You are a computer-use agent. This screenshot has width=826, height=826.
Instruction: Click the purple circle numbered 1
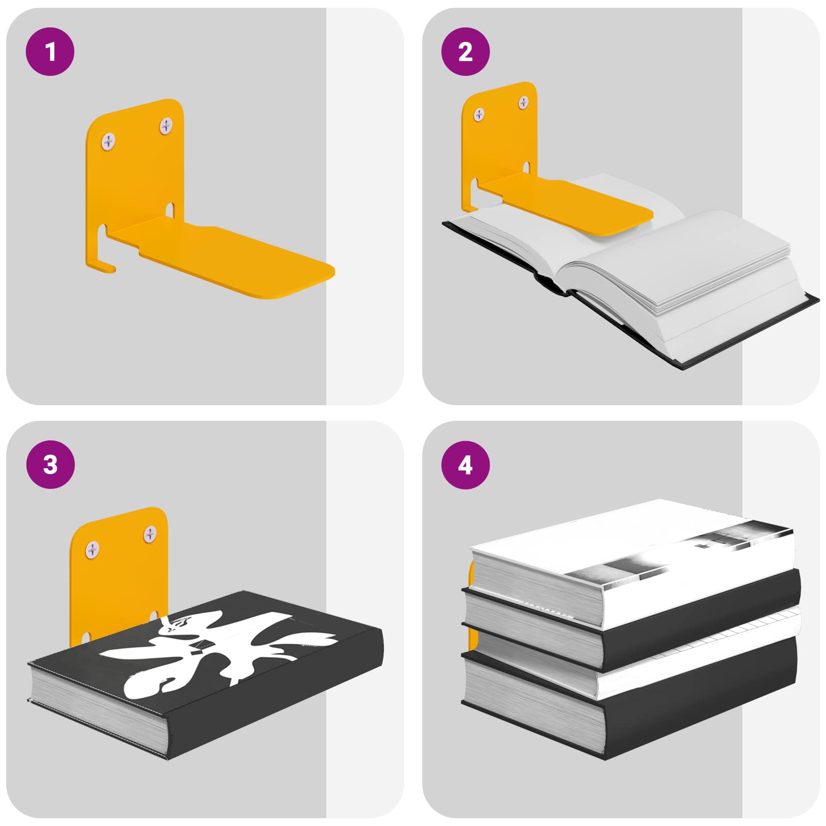(50, 52)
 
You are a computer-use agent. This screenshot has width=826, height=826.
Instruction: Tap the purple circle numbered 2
(466, 52)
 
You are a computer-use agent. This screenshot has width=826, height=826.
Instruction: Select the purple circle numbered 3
(50, 465)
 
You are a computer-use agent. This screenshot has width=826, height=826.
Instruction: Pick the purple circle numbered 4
(466, 465)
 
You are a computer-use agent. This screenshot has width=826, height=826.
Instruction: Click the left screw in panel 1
(109, 140)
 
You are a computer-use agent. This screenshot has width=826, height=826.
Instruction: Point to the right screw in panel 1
(166, 125)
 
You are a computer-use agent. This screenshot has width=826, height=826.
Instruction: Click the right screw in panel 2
(523, 102)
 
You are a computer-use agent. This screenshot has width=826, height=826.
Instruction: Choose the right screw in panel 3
(150, 533)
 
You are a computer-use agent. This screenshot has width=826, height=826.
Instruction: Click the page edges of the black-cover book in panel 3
(98, 707)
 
